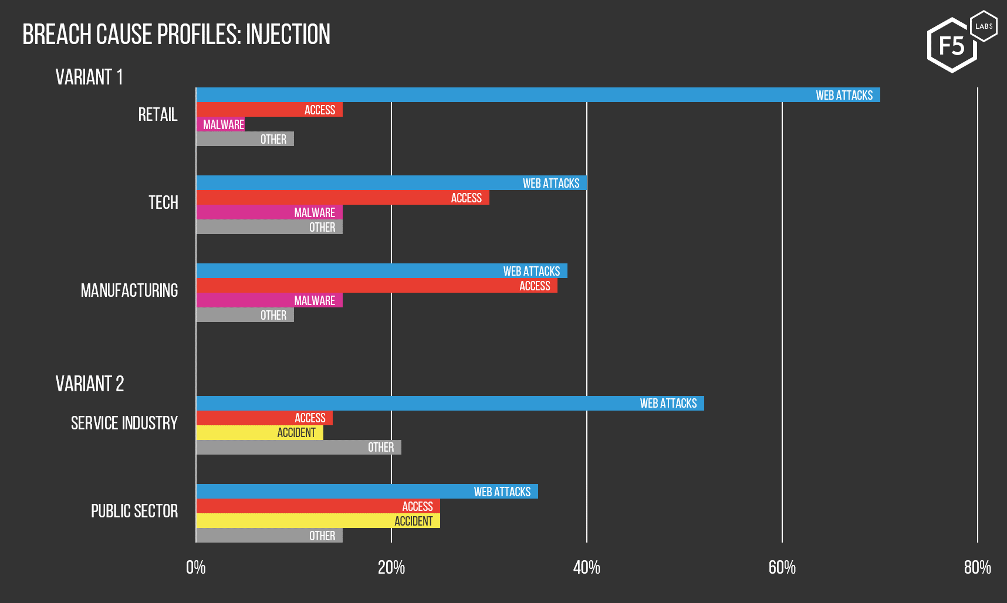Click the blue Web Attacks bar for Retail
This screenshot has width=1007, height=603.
(x=538, y=95)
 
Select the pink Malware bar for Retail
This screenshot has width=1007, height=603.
(x=221, y=124)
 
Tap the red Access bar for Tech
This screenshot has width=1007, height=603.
(x=342, y=198)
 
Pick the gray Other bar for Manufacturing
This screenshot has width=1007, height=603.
(x=245, y=315)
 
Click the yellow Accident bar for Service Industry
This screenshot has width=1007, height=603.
(x=259, y=433)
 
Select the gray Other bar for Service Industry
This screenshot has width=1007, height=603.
(x=299, y=448)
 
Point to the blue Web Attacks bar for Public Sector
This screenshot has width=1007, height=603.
(x=367, y=492)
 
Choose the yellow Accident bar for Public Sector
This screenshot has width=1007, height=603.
(x=318, y=521)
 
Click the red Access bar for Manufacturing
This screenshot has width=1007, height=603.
(x=377, y=286)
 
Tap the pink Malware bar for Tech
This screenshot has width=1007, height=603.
(x=269, y=212)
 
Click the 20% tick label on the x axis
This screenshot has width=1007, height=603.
(x=391, y=567)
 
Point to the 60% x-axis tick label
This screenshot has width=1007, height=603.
(x=782, y=567)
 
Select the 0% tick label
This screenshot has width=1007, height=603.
(x=196, y=567)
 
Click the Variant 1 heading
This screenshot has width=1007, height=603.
(x=89, y=77)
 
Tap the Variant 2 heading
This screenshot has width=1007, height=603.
(x=90, y=384)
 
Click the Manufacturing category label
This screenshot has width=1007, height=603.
(x=129, y=290)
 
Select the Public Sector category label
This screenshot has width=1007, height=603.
(x=134, y=511)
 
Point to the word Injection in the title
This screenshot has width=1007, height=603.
(x=288, y=35)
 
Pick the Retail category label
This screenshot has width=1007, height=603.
(x=158, y=114)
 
